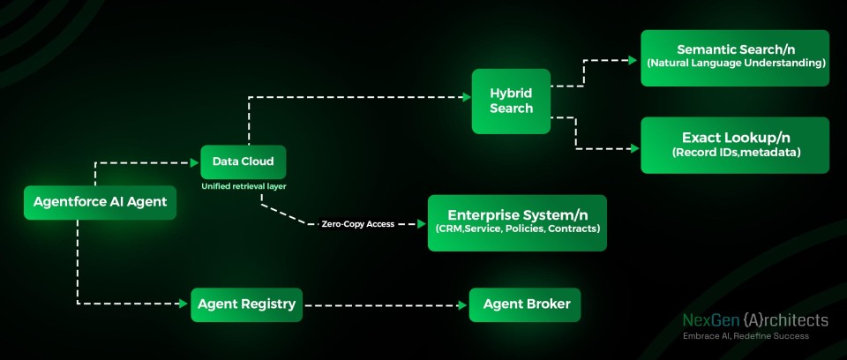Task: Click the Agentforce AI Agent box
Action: (x=100, y=203)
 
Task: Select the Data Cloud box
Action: (x=244, y=161)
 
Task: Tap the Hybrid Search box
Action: (x=511, y=101)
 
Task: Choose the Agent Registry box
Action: (x=246, y=304)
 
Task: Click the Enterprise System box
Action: (x=517, y=222)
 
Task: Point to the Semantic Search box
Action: (x=734, y=57)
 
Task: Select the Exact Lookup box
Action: (x=734, y=145)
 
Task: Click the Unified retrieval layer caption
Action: (x=243, y=188)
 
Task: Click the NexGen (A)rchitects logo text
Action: (x=755, y=320)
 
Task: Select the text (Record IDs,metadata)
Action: (x=734, y=153)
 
